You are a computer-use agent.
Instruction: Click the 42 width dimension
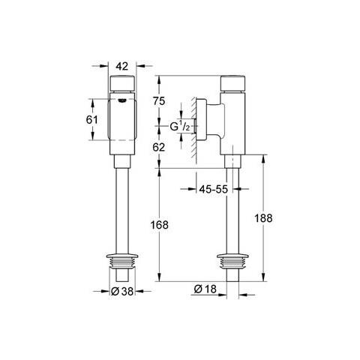(x=122, y=66)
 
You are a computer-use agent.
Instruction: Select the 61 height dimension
(x=92, y=120)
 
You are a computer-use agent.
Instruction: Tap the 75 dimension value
(x=159, y=101)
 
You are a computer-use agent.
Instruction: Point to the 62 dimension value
(x=159, y=147)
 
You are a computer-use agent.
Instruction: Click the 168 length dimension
(x=159, y=225)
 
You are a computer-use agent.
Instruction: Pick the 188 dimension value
(x=263, y=218)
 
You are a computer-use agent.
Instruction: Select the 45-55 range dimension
(x=214, y=189)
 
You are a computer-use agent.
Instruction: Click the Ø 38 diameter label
(x=122, y=291)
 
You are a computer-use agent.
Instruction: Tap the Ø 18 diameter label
(x=205, y=289)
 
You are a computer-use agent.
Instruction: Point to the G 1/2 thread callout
(x=180, y=126)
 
